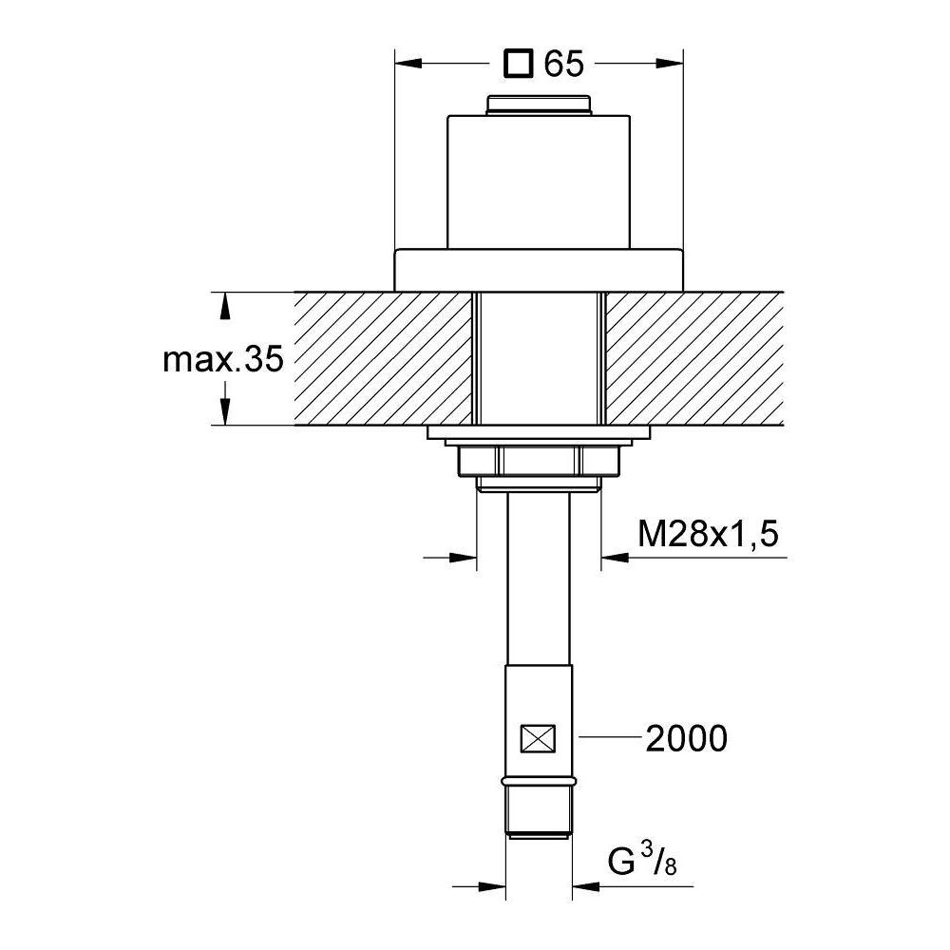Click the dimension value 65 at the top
click(563, 64)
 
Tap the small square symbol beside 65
click(519, 64)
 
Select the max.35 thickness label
click(223, 359)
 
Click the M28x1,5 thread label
click(708, 534)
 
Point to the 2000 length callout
click(686, 738)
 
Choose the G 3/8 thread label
click(642, 861)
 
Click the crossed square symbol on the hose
click(538, 738)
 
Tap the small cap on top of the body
click(539, 104)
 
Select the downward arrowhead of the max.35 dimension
click(225, 412)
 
